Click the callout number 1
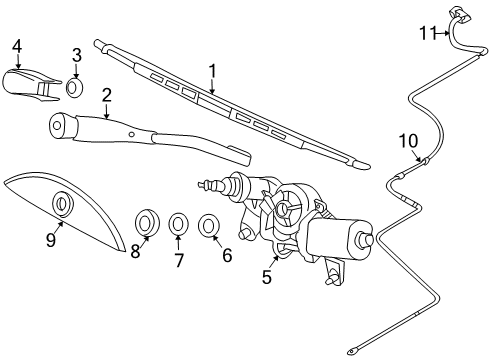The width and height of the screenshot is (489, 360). point(211,71)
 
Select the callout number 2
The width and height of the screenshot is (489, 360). point(107,95)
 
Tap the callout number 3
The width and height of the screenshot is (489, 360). point(77,54)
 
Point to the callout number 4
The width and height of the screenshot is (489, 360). point(17,45)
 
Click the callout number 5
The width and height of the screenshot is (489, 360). point(267,278)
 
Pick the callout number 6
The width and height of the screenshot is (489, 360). point(227,255)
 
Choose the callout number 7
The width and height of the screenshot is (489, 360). point(179,260)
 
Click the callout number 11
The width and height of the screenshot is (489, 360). point(428,33)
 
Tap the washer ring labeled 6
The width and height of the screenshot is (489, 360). point(211,224)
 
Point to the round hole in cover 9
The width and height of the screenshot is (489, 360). point(62,204)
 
